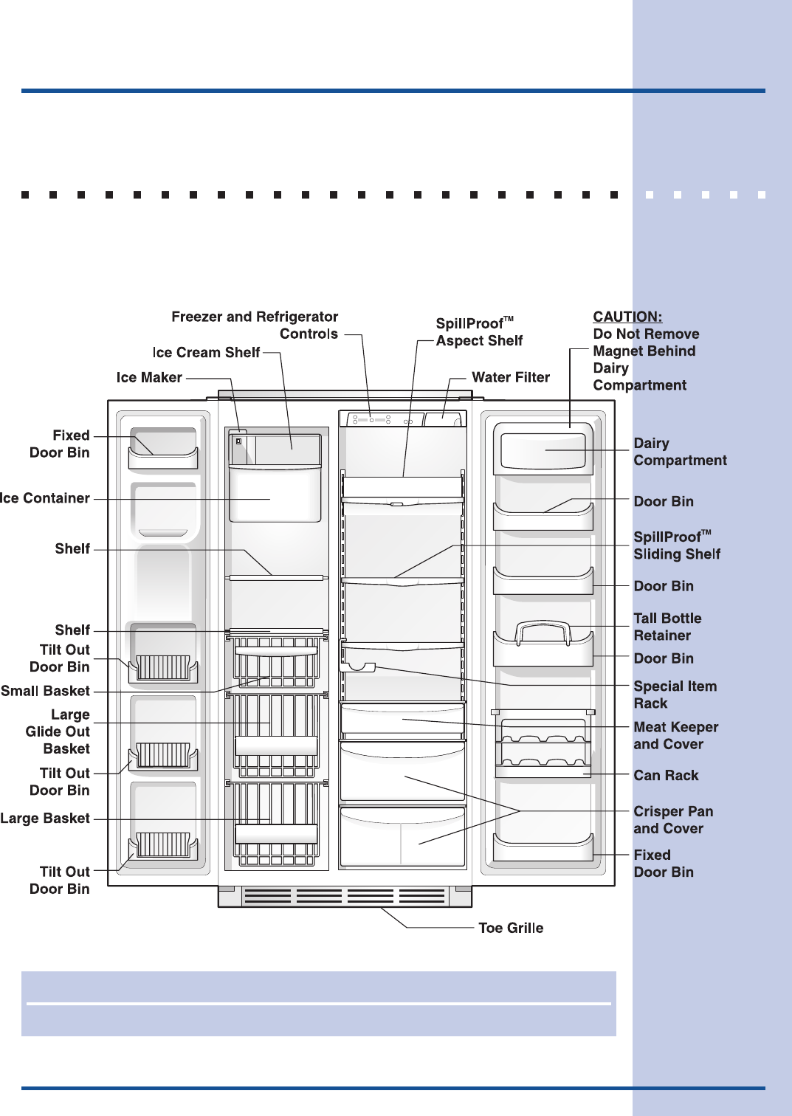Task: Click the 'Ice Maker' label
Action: pos(149,378)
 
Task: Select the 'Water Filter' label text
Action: pos(511,378)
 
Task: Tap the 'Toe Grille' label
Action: pos(511,929)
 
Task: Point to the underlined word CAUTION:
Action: pos(627,317)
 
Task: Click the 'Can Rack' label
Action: pos(666,776)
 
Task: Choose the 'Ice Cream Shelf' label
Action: pos(206,353)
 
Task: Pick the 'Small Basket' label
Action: pos(45,692)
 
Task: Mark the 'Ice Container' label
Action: pos(45,499)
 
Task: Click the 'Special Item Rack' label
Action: pos(675,695)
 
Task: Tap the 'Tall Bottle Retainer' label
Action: pos(667,627)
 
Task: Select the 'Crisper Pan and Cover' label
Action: pos(673,820)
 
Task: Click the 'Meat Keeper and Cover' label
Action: pos(675,736)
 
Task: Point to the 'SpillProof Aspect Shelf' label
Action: pos(479,332)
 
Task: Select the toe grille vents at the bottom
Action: pos(345,896)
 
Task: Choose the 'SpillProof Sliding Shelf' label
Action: pos(676,546)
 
